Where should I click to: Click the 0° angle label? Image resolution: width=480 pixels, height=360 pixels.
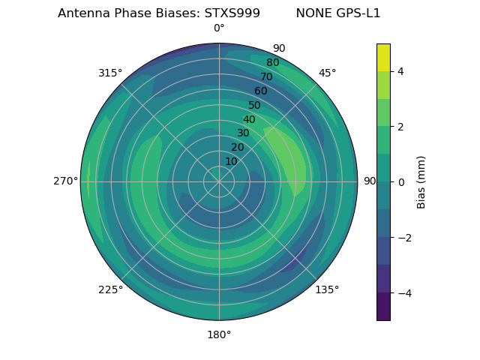pyautogui.click(x=219, y=28)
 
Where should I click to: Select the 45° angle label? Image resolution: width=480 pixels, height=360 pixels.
pyautogui.click(x=327, y=73)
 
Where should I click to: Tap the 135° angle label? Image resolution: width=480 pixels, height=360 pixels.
pyautogui.click(x=327, y=289)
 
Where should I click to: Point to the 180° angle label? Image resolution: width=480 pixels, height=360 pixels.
pyautogui.click(x=219, y=334)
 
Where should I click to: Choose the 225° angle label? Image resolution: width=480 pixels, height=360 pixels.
pyautogui.click(x=110, y=289)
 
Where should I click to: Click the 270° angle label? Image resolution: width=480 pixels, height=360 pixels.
pyautogui.click(x=65, y=181)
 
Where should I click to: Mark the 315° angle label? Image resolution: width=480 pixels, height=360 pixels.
pyautogui.click(x=110, y=73)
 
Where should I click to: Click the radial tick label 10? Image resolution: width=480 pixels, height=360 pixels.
pyautogui.click(x=231, y=161)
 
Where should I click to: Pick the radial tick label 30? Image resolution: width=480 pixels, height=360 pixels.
pyautogui.click(x=243, y=133)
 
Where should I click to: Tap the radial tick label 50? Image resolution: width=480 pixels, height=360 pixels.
pyautogui.click(x=255, y=106)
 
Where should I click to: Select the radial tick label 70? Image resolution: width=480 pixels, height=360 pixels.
pyautogui.click(x=266, y=76)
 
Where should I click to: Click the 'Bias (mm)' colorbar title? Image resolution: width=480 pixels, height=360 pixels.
pyautogui.click(x=421, y=182)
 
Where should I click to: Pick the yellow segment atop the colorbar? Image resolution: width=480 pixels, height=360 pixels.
pyautogui.click(x=383, y=57)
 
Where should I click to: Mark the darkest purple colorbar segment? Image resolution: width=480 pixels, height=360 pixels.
pyautogui.click(x=383, y=307)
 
